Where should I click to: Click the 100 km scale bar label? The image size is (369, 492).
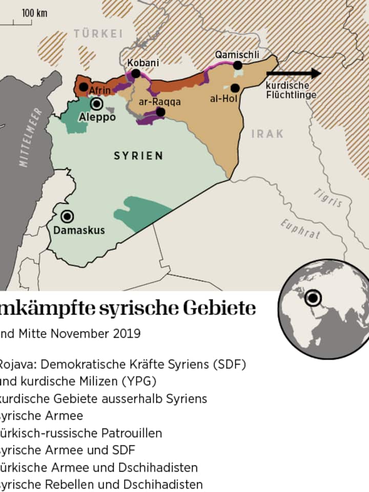pos(34,13)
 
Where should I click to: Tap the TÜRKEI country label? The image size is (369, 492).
pos(98,34)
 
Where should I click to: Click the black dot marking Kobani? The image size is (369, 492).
pos(135,74)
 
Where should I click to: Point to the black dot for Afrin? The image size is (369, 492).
pos(83,87)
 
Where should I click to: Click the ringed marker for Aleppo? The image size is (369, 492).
pos(96,105)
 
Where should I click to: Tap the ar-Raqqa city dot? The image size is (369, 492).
pos(160,112)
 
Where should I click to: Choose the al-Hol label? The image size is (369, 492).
pos(223,98)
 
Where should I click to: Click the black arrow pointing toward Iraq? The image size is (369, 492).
pos(300,73)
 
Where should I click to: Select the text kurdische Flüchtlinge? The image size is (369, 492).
pos(291,90)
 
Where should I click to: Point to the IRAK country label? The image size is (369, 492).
pos(267,134)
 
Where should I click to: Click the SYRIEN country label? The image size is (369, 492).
pos(138,156)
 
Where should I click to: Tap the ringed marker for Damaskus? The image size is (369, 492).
pos(67,217)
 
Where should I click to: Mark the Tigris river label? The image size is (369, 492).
pos(329,198)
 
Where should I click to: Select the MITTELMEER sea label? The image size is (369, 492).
pos(30,137)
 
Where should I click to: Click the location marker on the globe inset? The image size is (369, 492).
pos(313,298)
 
